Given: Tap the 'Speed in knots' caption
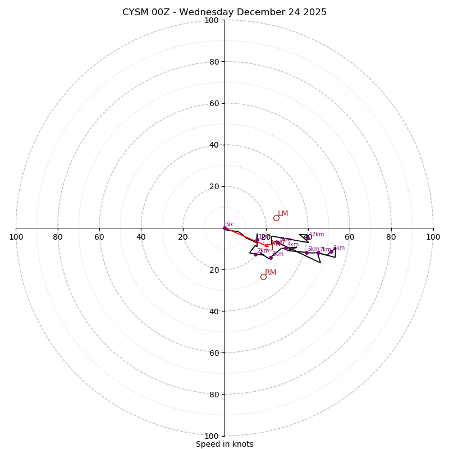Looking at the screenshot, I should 224,444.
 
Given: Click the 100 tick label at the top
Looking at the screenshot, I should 212,20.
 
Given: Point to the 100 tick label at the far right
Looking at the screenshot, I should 433,237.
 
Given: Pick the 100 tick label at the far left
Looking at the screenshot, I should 16,237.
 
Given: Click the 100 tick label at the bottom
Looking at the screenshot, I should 212,436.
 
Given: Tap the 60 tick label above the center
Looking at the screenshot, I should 214,103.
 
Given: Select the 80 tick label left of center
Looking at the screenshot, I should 58,237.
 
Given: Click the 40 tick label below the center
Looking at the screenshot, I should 214,311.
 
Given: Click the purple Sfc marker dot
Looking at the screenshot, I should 224,228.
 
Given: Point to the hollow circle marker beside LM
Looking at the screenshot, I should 276,218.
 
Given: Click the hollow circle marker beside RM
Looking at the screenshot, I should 263,277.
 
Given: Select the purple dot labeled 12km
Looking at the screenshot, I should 308,237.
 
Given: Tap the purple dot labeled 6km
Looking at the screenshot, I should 331,251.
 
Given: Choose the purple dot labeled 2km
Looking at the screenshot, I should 255,254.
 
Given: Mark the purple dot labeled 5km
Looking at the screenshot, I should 306,253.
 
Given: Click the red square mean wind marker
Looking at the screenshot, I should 269,247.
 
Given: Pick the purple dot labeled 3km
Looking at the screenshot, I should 271,258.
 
